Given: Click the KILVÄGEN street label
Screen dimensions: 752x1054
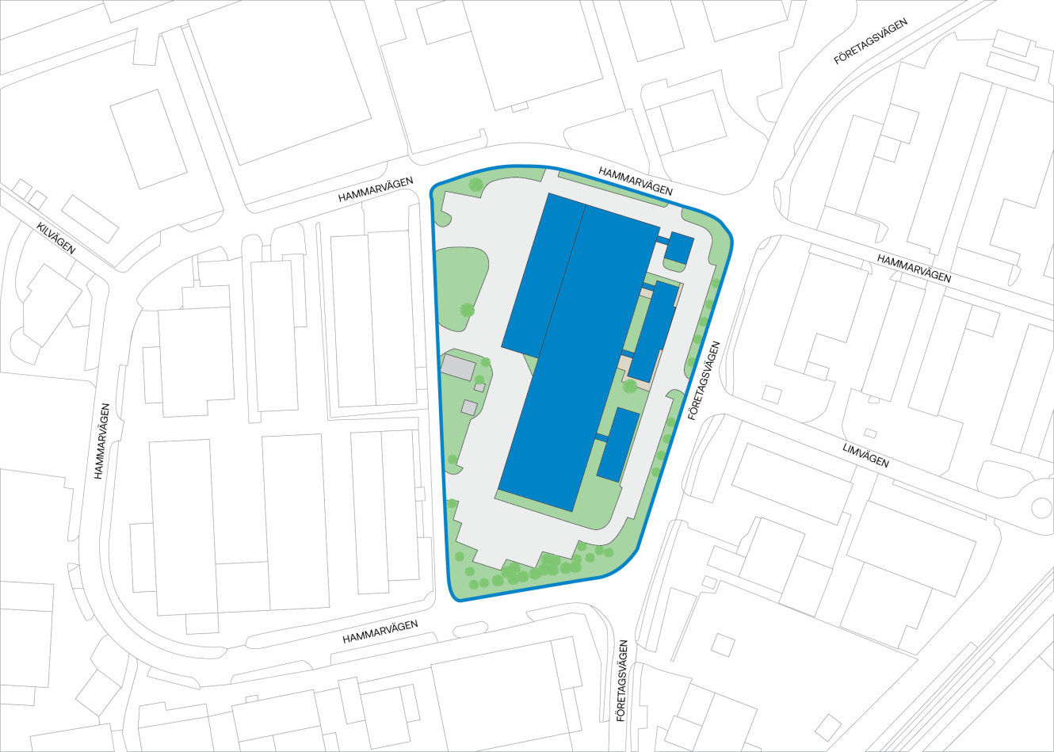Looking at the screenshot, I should [55, 239].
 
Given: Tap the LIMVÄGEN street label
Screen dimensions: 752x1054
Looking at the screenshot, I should [865, 456].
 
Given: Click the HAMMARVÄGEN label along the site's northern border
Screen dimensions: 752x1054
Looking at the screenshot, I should [636, 181].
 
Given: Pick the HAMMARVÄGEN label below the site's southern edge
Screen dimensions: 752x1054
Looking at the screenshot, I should [380, 632].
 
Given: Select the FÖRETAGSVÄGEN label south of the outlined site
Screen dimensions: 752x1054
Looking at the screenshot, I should [623, 681].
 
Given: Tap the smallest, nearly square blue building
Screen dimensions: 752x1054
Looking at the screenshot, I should [678, 248].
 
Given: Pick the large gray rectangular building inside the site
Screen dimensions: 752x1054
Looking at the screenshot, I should [458, 367].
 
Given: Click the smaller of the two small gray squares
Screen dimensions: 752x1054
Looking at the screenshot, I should [479, 387].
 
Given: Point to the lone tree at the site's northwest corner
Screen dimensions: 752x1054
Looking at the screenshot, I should [475, 185].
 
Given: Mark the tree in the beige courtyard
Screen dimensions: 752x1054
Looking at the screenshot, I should [630, 386].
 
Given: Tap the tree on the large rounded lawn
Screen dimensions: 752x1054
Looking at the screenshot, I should [467, 309].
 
